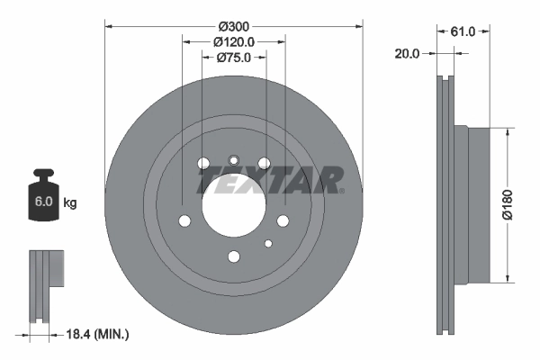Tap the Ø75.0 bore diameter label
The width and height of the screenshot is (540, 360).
point(234,58)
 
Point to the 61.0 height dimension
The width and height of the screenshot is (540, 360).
point(463,31)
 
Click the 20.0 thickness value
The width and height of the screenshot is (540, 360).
point(407,54)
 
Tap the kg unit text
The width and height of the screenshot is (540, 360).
point(69,203)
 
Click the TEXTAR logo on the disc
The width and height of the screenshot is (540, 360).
point(270,180)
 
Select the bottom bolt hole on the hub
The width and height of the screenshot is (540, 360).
point(234,256)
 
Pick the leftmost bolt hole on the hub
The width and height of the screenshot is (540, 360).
point(184,221)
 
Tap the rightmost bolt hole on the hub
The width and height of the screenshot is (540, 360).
point(283,221)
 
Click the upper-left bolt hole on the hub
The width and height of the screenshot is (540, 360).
point(203,163)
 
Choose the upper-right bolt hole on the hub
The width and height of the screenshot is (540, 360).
point(265,163)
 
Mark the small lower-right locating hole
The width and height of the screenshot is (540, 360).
point(267,243)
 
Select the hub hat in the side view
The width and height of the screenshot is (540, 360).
point(472,202)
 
